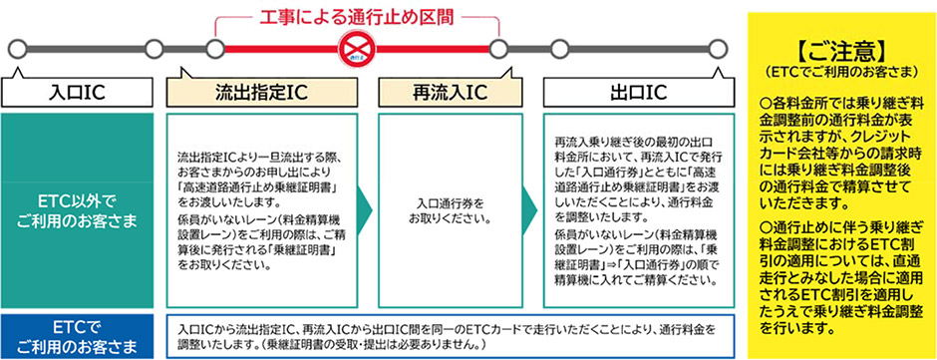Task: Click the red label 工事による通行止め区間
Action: pos(356,16)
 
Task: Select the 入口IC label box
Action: pos(77,92)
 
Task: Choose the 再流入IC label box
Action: pos(449,92)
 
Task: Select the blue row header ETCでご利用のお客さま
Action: pos(77,334)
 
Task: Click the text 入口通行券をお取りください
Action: pos(449,210)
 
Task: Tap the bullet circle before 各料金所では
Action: pos(765,103)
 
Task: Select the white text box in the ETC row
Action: pos(449,334)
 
